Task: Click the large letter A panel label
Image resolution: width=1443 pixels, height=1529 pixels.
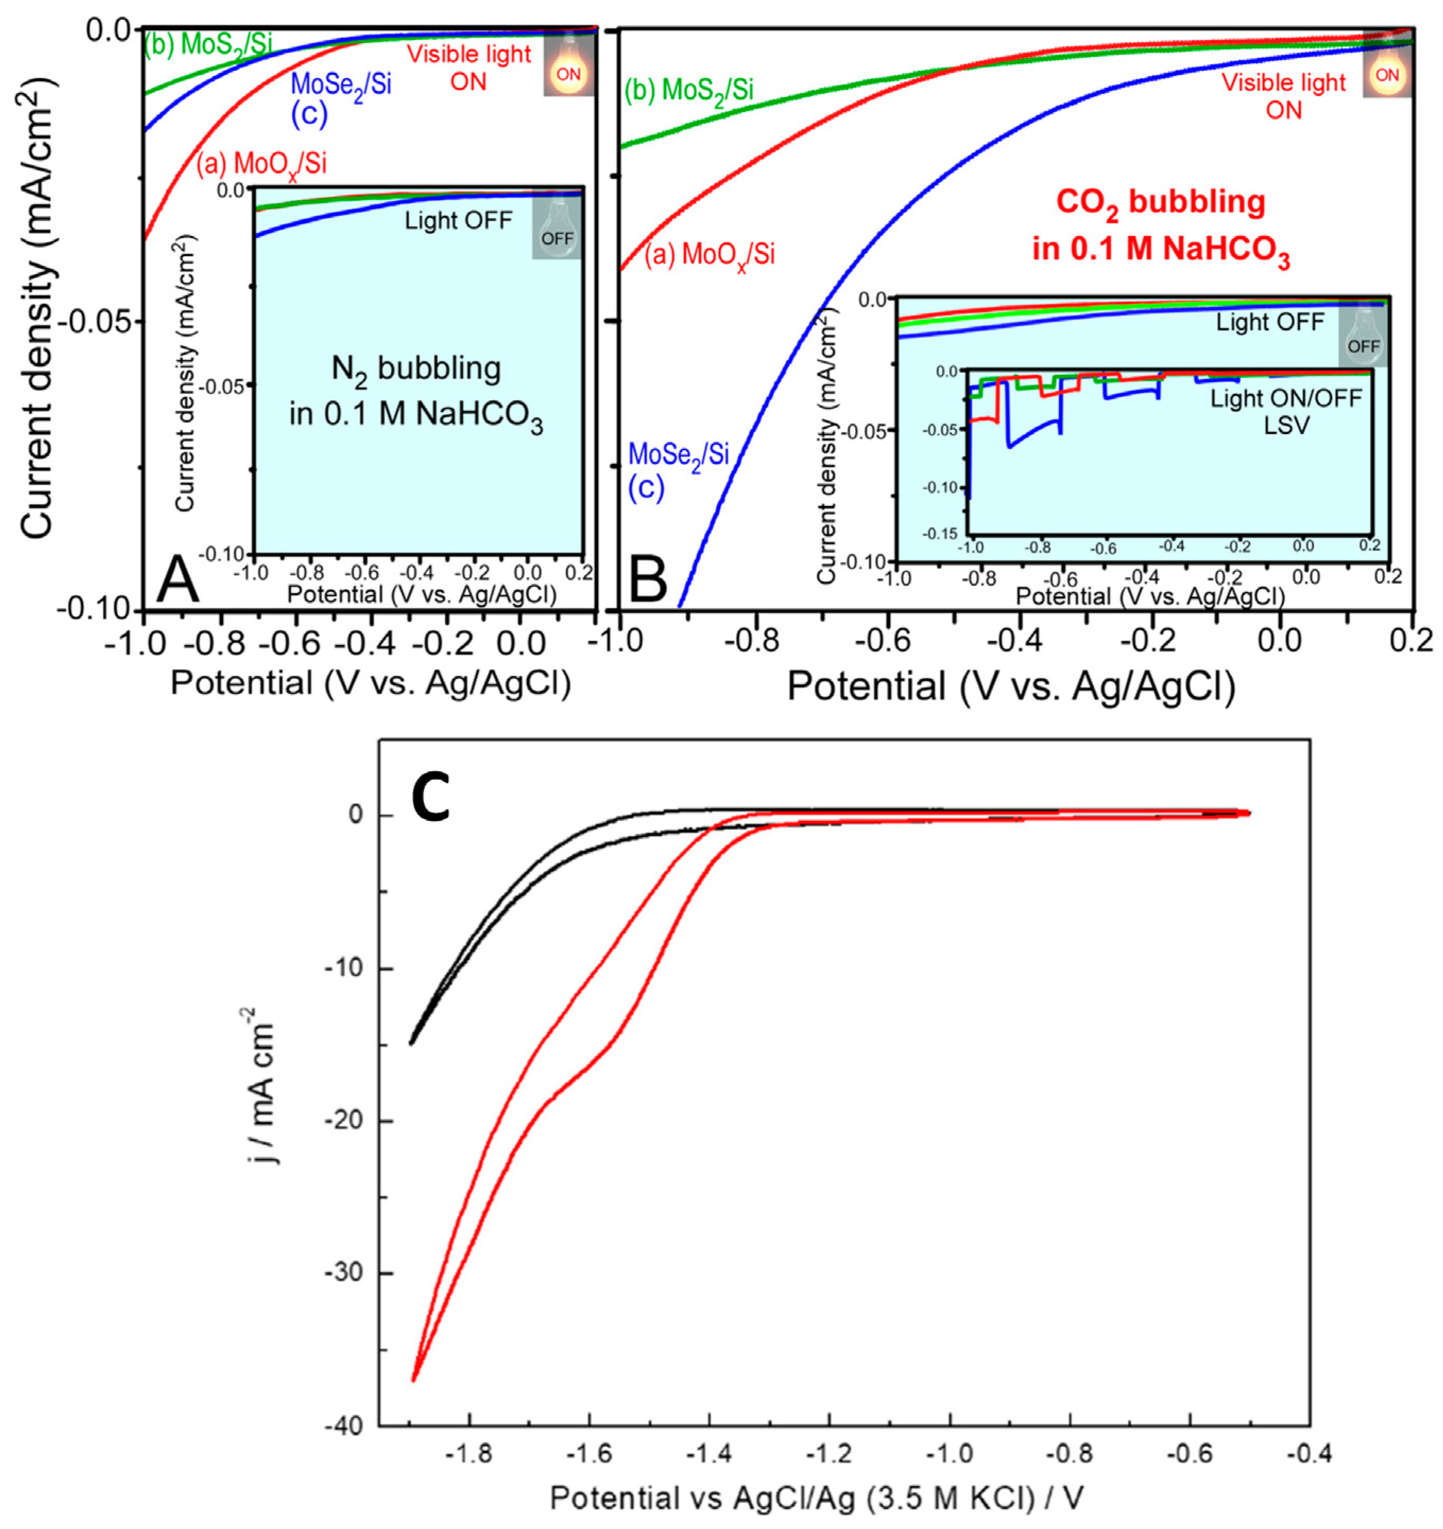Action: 178,581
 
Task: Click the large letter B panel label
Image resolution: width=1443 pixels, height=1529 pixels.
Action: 648,581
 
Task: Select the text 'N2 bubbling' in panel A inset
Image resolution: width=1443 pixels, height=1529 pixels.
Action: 416,368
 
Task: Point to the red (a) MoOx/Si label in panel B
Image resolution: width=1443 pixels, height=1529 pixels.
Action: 708,255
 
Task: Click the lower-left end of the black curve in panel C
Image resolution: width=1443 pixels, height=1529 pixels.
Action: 411,1043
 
